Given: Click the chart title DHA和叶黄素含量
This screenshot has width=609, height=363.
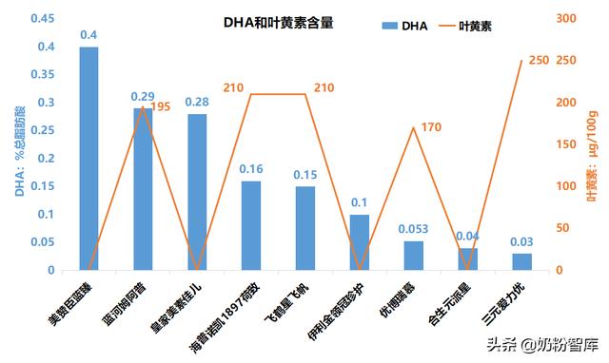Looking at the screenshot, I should pyautogui.click(x=279, y=20).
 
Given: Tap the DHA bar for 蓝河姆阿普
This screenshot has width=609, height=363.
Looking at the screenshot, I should pyautogui.click(x=143, y=189).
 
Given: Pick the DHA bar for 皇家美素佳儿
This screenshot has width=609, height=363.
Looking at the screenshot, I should pyautogui.click(x=197, y=192).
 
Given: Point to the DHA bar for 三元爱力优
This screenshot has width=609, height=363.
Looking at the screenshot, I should pyautogui.click(x=522, y=261).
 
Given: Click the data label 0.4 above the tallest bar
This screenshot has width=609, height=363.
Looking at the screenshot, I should pyautogui.click(x=88, y=35).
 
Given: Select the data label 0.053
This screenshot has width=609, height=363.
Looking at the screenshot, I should pyautogui.click(x=414, y=229).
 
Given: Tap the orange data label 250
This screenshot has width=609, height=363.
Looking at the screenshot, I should pyautogui.click(x=539, y=61).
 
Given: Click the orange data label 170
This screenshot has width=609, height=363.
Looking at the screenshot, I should pyautogui.click(x=430, y=127).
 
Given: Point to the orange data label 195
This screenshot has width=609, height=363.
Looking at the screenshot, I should pyautogui.click(x=160, y=106).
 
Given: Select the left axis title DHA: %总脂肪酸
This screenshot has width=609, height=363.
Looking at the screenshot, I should pyautogui.click(x=18, y=142).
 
